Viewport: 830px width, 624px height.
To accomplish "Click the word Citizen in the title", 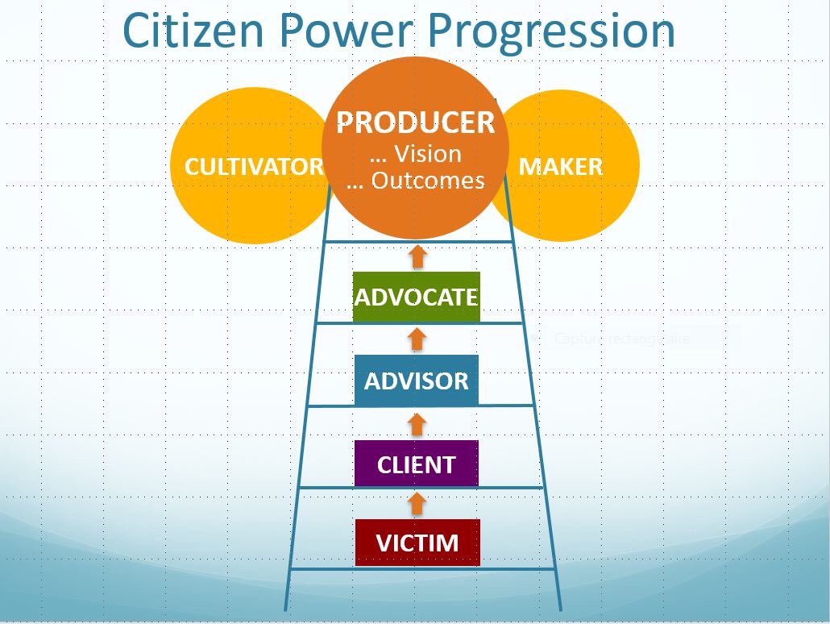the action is (193, 31).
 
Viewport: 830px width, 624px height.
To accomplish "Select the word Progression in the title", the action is (550, 31).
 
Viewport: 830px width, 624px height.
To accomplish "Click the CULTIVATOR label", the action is (254, 167).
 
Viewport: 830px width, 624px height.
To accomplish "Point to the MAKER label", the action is (560, 167).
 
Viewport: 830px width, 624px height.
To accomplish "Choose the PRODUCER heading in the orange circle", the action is (415, 123).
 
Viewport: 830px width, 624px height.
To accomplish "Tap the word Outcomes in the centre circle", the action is (428, 180).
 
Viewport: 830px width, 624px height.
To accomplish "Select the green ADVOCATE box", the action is (416, 297).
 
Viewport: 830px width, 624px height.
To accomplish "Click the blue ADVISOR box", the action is (416, 381).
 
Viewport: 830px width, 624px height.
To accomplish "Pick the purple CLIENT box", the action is (416, 464).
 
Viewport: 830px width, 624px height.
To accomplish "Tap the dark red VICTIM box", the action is (417, 543).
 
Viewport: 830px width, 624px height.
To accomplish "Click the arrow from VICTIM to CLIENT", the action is (416, 504).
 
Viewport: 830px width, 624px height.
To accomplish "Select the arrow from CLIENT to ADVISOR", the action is (416, 423).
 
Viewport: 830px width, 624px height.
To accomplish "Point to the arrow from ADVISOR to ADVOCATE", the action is (416, 339).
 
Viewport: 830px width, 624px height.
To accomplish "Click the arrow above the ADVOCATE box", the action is (417, 256).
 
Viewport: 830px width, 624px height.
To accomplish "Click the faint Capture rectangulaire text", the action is (620, 339).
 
